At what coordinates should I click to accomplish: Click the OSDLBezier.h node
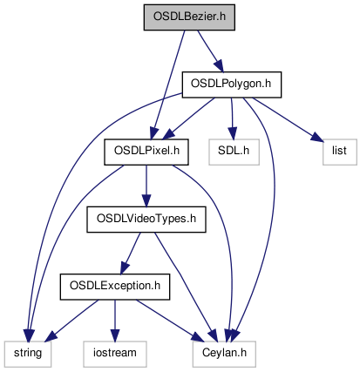pyautogui.click(x=189, y=17)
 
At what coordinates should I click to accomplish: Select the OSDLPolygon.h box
pyautogui.click(x=232, y=85)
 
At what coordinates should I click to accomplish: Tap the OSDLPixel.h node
pyautogui.click(x=146, y=152)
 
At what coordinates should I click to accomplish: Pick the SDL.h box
pyautogui.click(x=234, y=152)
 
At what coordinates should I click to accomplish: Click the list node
pyautogui.click(x=339, y=152)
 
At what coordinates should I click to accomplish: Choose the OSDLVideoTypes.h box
pyautogui.click(x=146, y=220)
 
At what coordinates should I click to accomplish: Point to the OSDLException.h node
pyautogui.click(x=115, y=287)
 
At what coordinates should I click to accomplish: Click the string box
pyautogui.click(x=28, y=354)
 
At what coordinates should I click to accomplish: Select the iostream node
pyautogui.click(x=115, y=354)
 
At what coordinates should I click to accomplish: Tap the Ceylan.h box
pyautogui.click(x=224, y=354)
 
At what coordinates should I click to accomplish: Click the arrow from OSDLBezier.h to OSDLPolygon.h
pyautogui.click(x=210, y=51)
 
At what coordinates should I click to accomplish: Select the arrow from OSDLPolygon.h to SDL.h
pyautogui.click(x=232, y=118)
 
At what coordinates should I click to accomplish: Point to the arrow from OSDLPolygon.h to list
pyautogui.click(x=288, y=119)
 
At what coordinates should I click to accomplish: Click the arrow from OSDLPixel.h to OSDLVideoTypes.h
pyautogui.click(x=146, y=186)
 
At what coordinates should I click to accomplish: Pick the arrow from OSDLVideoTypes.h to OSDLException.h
pyautogui.click(x=131, y=254)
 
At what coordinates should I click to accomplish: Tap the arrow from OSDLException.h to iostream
pyautogui.click(x=115, y=321)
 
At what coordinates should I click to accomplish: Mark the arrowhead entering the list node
pyautogui.click(x=317, y=137)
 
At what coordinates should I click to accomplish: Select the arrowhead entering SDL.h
pyautogui.click(x=233, y=133)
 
